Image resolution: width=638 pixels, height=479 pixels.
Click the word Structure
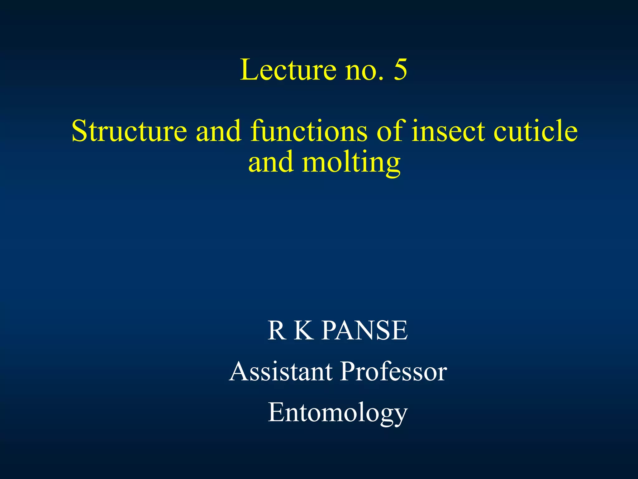tap(129, 131)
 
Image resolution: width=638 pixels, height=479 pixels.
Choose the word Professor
tap(393, 371)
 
